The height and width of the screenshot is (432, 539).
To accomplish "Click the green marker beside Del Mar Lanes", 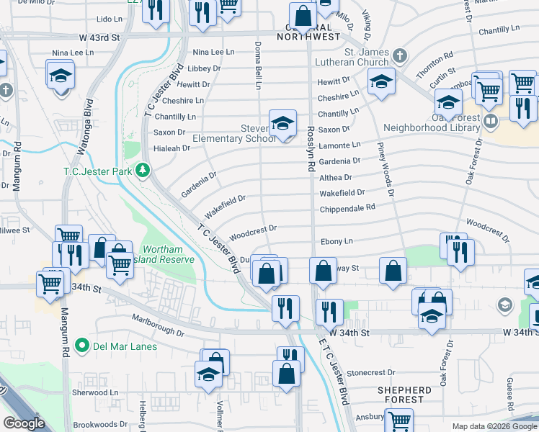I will click(x=84, y=346).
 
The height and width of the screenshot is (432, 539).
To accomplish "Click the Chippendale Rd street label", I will click(x=348, y=207).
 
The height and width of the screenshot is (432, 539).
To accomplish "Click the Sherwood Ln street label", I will click(x=94, y=392).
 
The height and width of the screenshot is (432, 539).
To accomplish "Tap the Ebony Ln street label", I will click(x=337, y=241).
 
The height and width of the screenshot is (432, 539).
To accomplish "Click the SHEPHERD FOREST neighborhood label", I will click(x=404, y=395).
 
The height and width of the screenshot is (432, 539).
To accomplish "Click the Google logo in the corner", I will click(x=24, y=423).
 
